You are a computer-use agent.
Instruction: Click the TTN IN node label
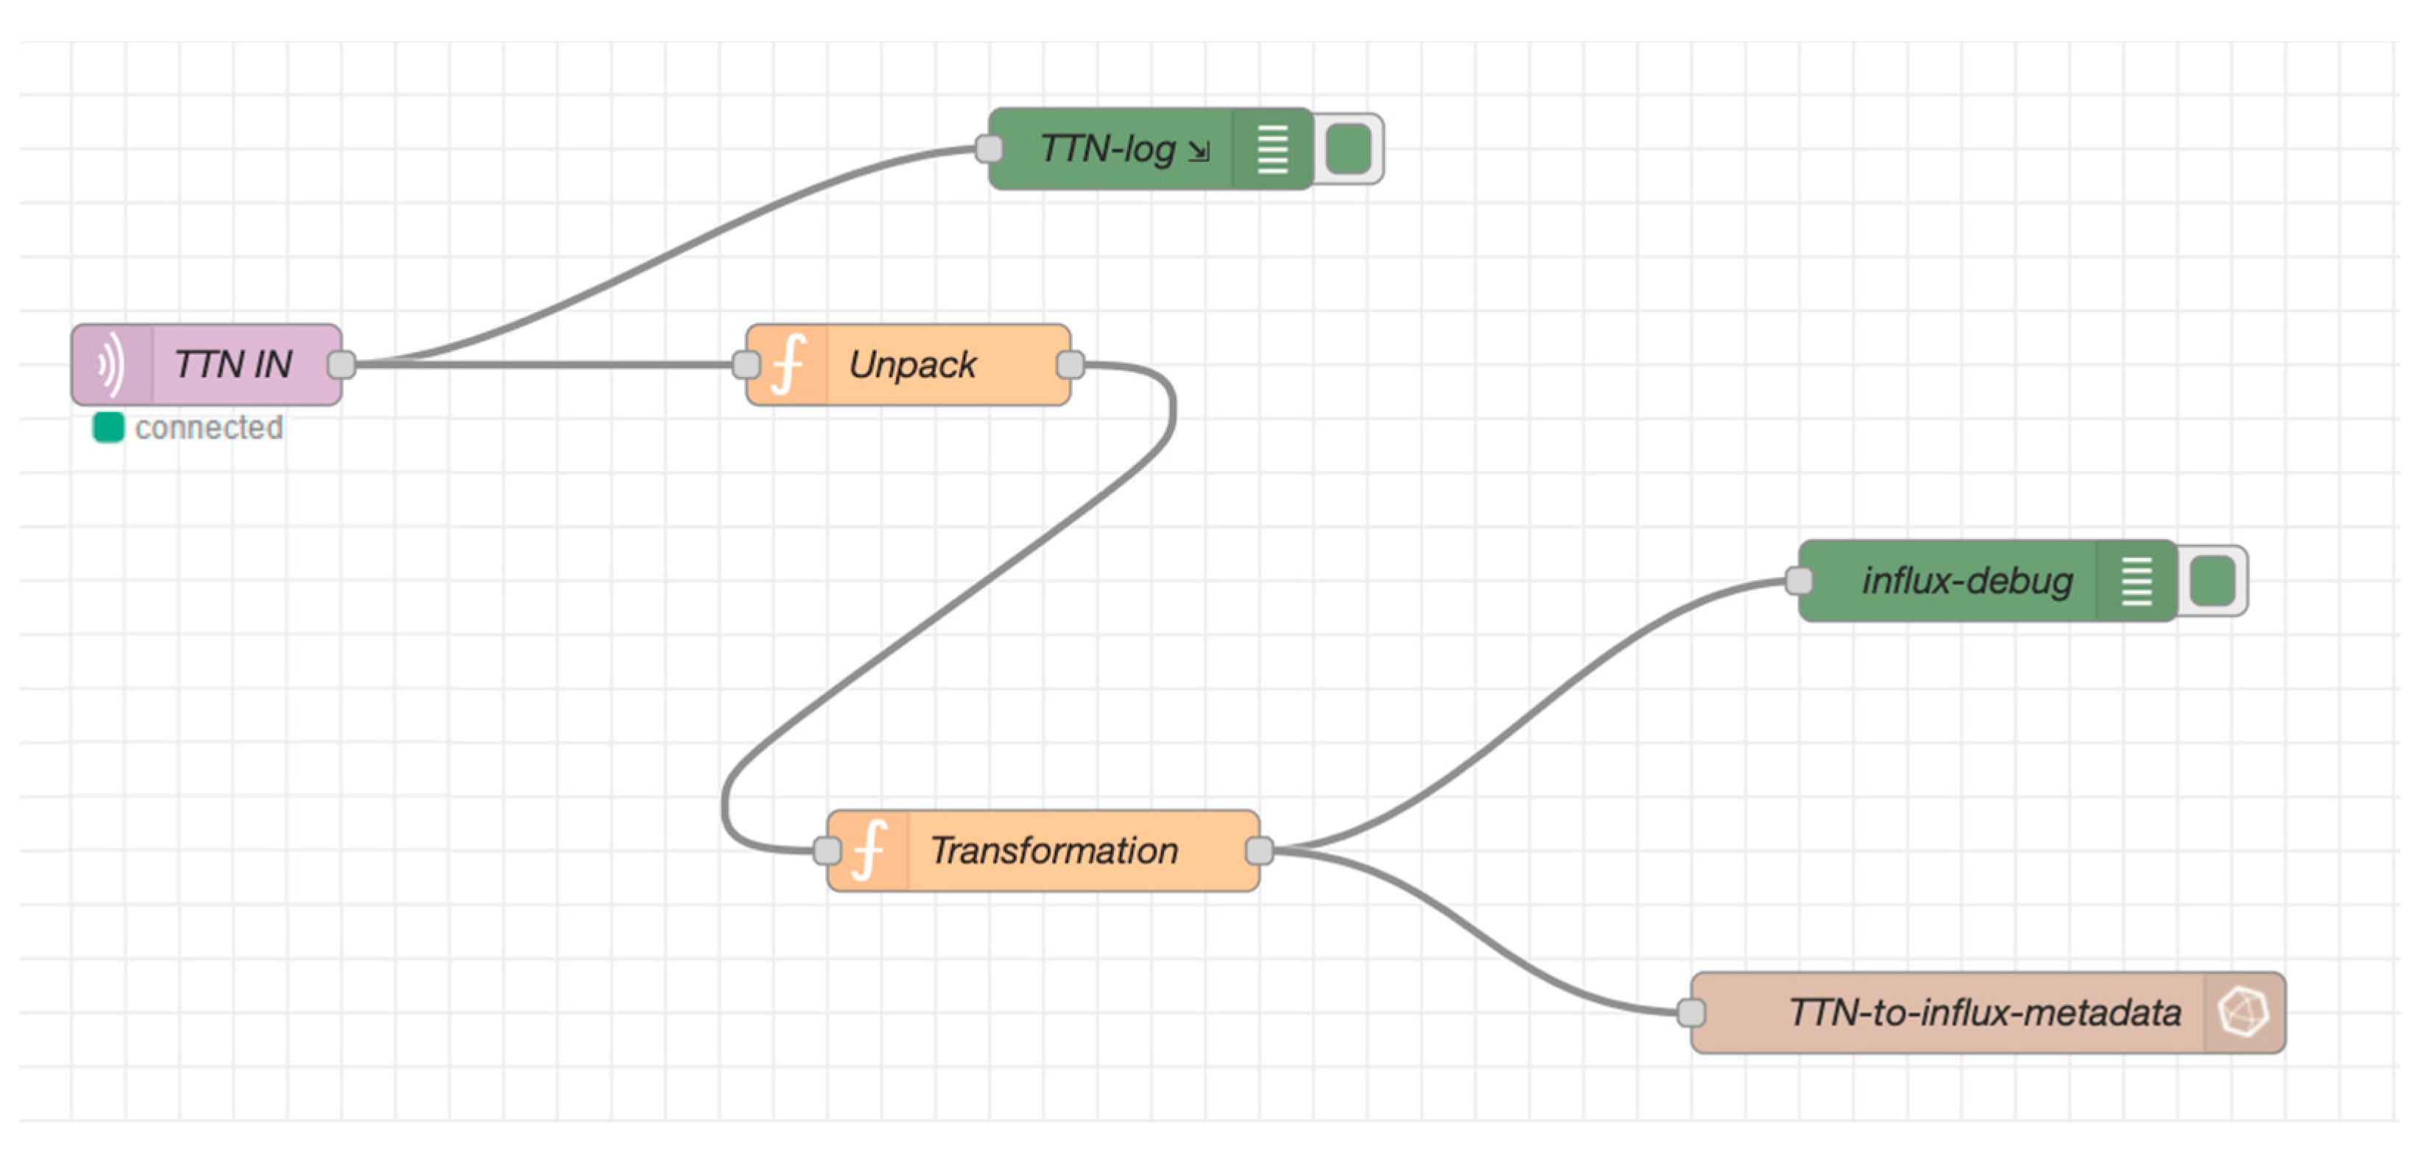pos(233,365)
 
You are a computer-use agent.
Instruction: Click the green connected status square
pos(108,427)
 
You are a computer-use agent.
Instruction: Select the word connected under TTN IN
pos(209,428)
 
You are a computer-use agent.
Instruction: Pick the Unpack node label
pos(911,365)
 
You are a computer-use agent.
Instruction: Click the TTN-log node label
pos(1108,149)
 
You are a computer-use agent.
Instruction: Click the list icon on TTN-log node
pos(1273,149)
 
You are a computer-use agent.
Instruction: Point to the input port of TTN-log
pos(989,149)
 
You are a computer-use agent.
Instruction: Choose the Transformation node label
pos(1054,851)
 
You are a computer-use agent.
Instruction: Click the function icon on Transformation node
pos(869,851)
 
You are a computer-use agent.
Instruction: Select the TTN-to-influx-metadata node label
pos(1985,1013)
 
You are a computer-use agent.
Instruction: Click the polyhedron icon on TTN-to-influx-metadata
pos(2243,1013)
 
